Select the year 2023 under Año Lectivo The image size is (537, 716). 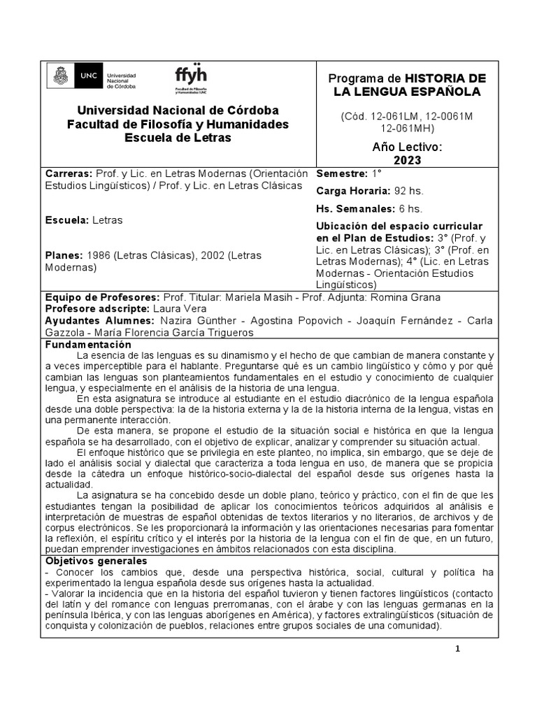coord(408,160)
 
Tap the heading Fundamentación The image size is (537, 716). coord(88,345)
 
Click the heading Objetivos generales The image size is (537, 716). coord(96,561)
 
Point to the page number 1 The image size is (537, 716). coord(458,650)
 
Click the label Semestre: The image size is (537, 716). coord(342,173)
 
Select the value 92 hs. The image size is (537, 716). coord(409,191)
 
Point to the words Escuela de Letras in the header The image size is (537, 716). coord(177,138)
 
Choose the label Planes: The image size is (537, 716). coord(64,255)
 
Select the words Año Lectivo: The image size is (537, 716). coord(408,147)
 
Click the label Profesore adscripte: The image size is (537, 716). coord(96,308)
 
